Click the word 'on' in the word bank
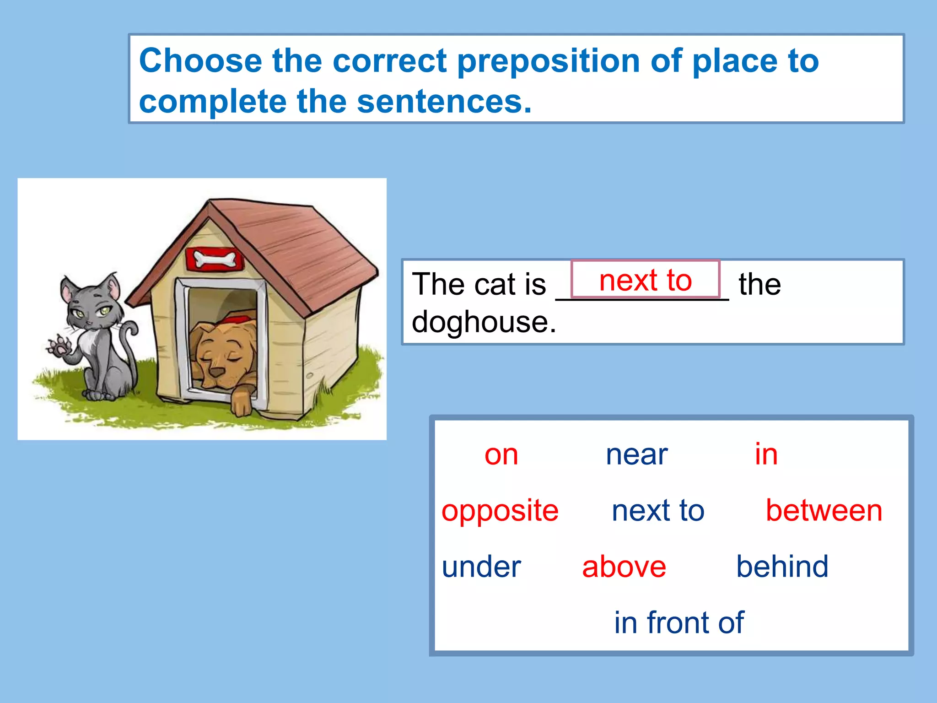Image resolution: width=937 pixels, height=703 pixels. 501,455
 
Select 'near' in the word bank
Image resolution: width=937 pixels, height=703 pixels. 636,455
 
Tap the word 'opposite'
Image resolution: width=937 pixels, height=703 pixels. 500,511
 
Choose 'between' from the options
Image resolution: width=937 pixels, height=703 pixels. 824,511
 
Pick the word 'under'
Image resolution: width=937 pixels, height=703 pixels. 481,567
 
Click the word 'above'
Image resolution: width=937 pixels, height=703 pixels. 624,567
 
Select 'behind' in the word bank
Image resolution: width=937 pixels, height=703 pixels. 782,567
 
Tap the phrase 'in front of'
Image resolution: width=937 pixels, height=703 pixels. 679,623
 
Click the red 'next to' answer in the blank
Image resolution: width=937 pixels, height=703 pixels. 645,280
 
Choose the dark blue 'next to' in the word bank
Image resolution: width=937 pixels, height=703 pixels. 658,511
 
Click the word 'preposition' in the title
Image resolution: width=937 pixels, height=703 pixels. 548,61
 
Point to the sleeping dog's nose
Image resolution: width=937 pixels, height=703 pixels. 217,371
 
